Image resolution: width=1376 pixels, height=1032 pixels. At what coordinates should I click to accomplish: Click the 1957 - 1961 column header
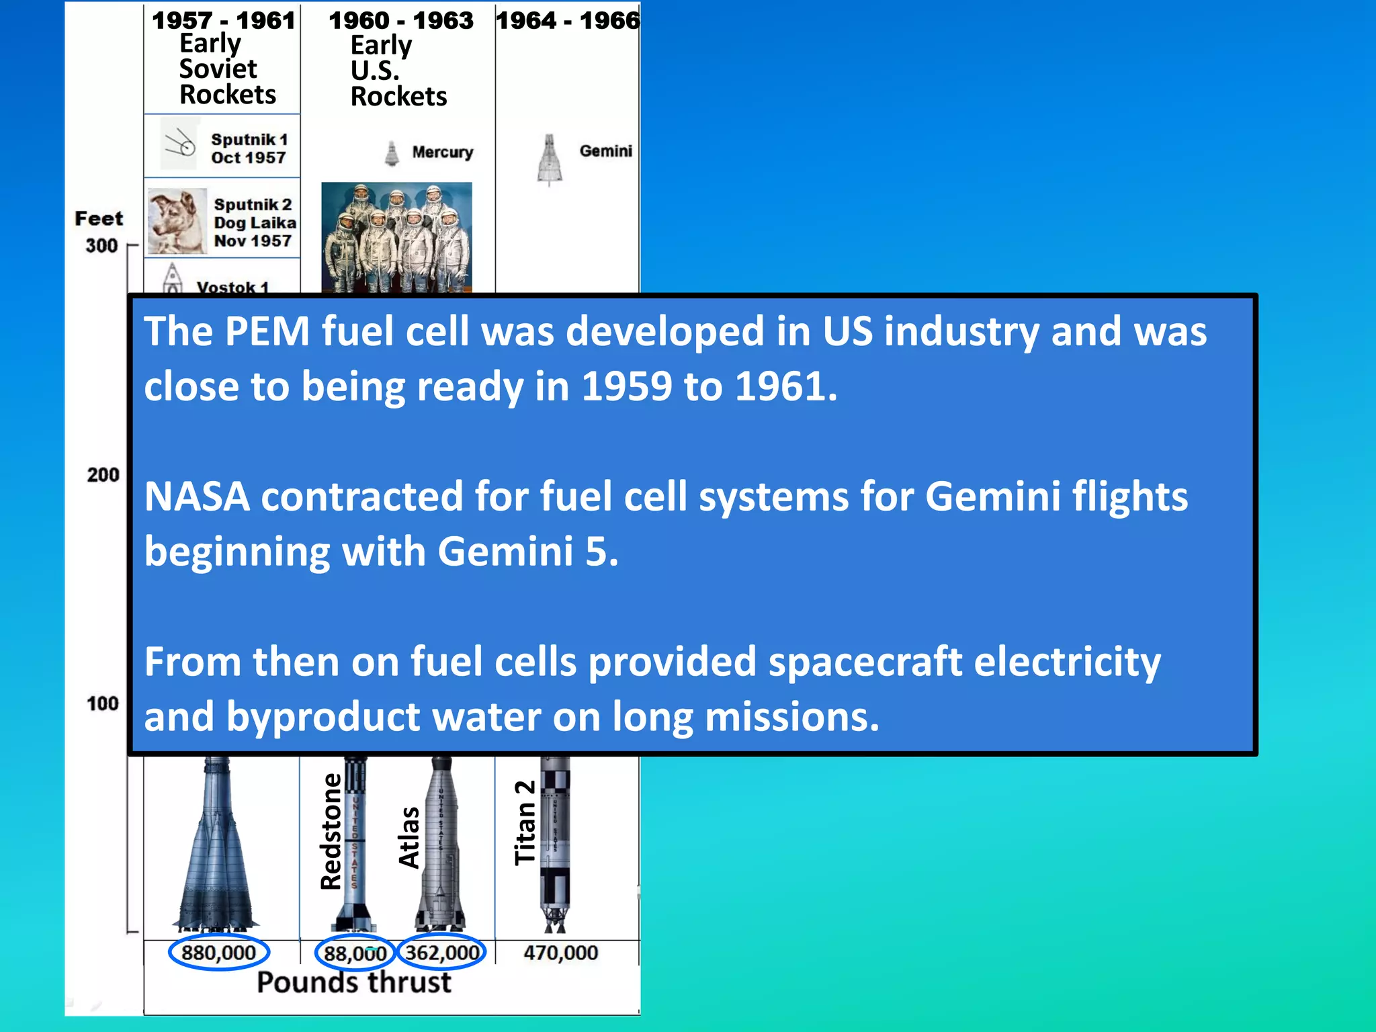tap(223, 20)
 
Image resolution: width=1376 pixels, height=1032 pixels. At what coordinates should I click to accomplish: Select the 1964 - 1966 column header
tap(568, 20)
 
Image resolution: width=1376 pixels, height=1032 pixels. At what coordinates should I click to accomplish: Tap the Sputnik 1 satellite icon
tap(179, 144)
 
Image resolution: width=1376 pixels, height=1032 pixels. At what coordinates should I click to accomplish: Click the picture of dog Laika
tap(176, 221)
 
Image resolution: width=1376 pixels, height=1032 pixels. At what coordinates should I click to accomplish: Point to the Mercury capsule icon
tap(392, 153)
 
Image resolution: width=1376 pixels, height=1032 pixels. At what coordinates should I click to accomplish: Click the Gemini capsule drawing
tap(550, 160)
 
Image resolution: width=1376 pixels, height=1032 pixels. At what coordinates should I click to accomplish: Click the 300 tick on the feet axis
tap(101, 246)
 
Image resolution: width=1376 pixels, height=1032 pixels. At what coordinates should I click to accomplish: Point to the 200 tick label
tap(103, 475)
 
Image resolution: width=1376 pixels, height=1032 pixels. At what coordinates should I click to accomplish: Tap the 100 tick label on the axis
tap(102, 703)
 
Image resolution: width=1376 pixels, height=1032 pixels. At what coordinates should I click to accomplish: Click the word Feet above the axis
tap(99, 218)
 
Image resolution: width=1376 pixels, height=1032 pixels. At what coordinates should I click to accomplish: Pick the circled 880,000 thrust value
tap(219, 953)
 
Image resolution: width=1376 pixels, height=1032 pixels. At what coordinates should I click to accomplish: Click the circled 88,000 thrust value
tap(355, 953)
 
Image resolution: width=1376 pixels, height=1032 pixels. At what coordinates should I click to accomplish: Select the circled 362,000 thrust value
tap(442, 953)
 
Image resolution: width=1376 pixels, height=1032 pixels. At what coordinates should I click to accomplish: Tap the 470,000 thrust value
tap(560, 953)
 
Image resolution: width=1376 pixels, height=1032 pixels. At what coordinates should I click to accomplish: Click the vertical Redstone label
tap(331, 832)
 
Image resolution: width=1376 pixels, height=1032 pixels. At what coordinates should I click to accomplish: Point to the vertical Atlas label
tap(408, 837)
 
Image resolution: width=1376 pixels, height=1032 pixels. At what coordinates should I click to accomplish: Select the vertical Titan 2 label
tap(525, 822)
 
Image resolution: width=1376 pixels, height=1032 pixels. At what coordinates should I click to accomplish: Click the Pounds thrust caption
tap(354, 982)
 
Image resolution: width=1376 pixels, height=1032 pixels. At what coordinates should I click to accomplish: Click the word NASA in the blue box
tap(197, 497)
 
